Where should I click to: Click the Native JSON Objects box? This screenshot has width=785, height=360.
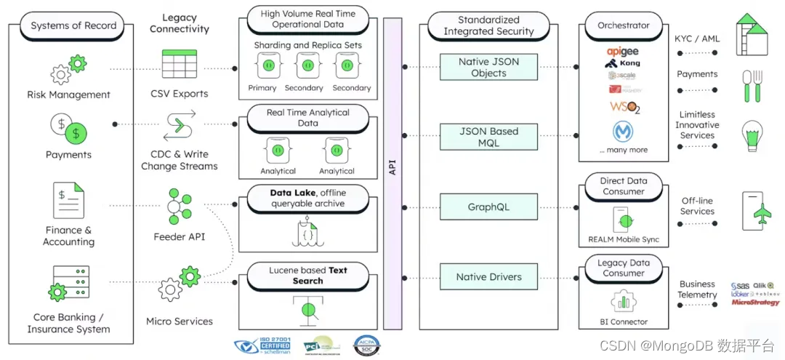488,67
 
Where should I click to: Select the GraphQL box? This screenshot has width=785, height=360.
488,207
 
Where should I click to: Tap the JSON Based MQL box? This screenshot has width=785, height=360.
488,137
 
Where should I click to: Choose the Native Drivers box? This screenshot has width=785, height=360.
488,277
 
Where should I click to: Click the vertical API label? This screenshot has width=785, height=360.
392,167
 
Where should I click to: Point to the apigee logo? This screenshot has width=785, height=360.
622,51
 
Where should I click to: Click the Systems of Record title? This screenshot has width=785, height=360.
73,25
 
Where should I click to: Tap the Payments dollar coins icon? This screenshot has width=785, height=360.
68,129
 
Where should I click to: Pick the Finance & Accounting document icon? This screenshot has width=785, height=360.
68,200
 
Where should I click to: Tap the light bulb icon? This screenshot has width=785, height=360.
752,135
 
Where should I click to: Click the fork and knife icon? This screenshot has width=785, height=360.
751,85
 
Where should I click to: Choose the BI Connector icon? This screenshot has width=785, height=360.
623,300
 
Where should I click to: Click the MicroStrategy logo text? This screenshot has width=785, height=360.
755,302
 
